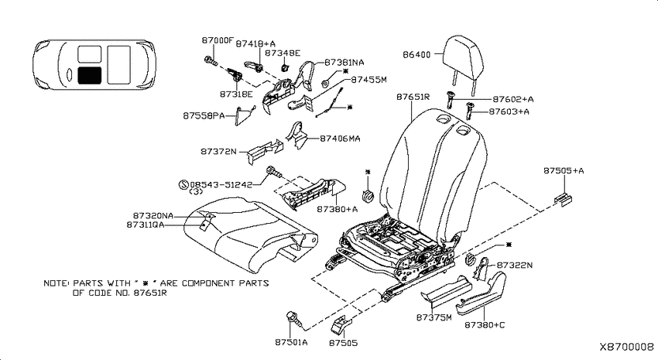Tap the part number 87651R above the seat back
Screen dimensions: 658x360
coord(413,97)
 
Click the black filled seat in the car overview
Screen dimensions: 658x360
coord(89,74)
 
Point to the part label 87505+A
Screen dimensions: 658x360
coord(564,171)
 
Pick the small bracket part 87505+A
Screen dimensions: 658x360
coord(563,198)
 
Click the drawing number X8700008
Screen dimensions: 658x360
coord(626,347)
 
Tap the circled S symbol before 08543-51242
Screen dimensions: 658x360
coord(183,184)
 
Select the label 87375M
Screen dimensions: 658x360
coord(434,317)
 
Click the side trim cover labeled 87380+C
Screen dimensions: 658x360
coord(482,293)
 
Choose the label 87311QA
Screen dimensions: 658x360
coord(146,225)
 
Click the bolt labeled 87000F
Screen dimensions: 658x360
coord(211,61)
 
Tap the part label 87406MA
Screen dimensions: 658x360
coord(340,139)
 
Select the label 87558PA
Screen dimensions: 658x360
coord(204,115)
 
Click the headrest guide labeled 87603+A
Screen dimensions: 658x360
coord(469,111)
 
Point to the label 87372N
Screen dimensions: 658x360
coord(218,152)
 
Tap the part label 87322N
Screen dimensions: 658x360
coord(515,266)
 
